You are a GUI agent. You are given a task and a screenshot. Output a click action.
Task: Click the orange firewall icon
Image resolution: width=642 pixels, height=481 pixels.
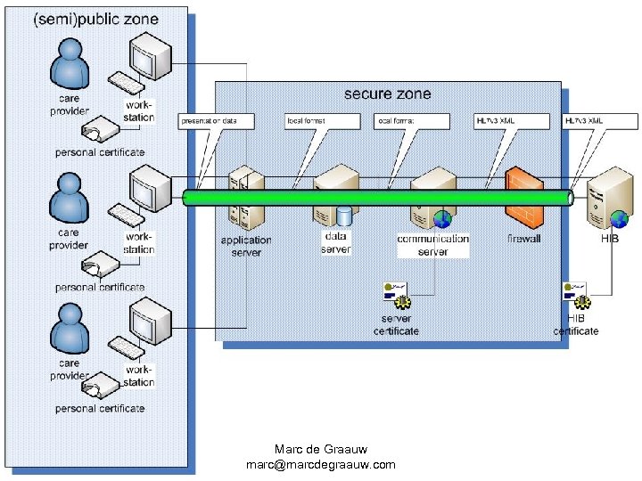pyautogui.click(x=523, y=198)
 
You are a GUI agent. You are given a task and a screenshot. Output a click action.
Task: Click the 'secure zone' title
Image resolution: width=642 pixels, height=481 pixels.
pyautogui.click(x=387, y=94)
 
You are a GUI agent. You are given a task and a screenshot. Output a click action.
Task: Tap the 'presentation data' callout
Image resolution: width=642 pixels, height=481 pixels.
pyautogui.click(x=216, y=120)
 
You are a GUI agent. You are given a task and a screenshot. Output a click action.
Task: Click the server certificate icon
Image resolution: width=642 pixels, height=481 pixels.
pyautogui.click(x=395, y=292)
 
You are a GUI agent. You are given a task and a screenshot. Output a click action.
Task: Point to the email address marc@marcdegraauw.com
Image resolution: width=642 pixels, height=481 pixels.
pyautogui.click(x=320, y=465)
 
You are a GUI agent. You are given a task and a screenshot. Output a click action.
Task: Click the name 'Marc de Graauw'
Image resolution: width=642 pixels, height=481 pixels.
pyautogui.click(x=320, y=449)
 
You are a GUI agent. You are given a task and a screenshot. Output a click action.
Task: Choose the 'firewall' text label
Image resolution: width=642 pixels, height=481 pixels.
pyautogui.click(x=524, y=239)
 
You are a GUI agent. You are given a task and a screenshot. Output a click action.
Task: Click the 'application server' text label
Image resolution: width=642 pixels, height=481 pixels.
pyautogui.click(x=246, y=246)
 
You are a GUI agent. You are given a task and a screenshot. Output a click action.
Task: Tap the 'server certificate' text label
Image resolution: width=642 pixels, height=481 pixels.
pyautogui.click(x=396, y=325)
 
